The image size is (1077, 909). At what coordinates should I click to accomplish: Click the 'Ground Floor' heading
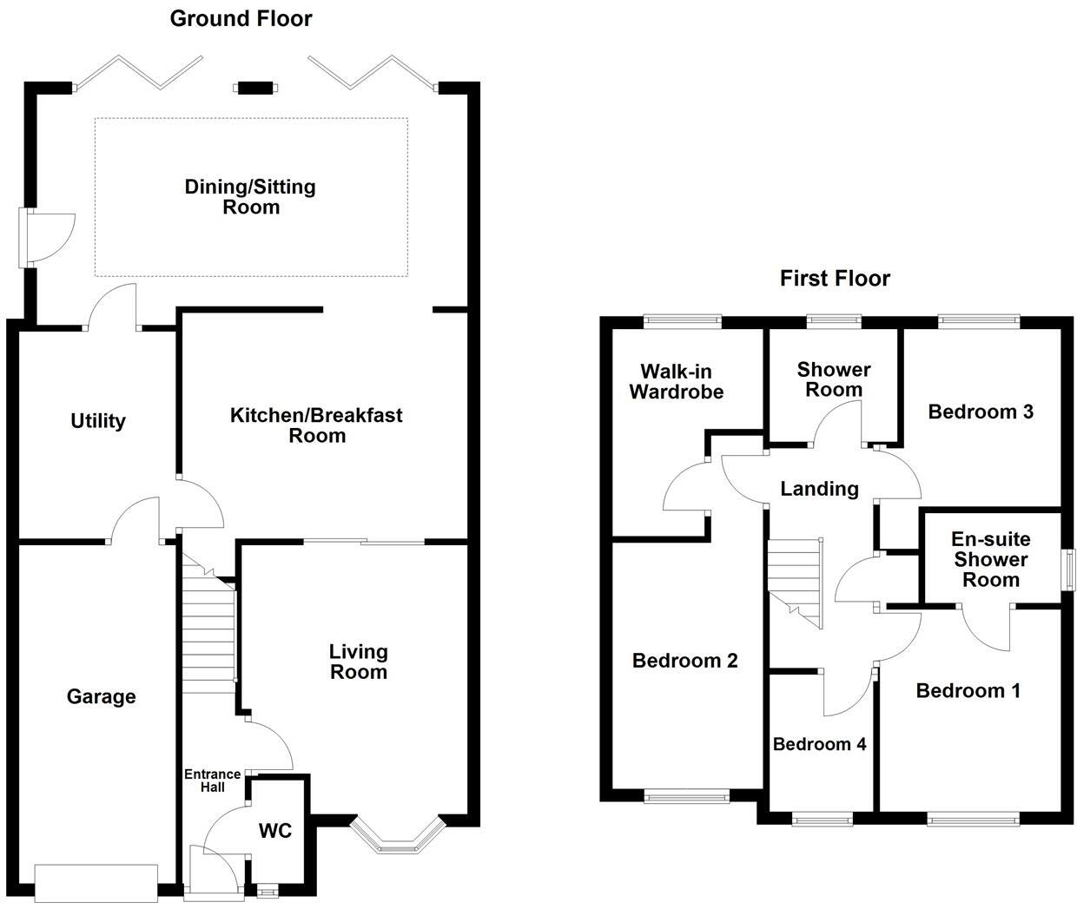coord(241,18)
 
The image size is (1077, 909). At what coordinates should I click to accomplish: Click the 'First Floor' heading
coord(835,279)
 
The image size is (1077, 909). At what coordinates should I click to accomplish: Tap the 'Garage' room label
coord(101,696)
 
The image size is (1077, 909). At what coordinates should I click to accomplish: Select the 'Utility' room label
coord(98,421)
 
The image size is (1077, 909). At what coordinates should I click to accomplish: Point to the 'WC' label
coord(275,831)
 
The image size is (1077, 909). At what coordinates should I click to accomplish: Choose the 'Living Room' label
coord(358,662)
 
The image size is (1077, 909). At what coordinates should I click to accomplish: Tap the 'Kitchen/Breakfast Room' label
coord(316,425)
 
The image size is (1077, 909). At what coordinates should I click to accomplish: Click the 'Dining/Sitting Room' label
coord(250,197)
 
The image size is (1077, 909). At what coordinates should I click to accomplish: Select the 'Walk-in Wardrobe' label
coord(676,381)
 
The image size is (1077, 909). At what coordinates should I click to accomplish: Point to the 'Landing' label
coord(819,489)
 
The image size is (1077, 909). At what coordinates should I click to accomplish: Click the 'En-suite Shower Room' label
coord(990,560)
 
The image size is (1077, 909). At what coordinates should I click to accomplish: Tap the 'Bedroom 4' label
coord(819,744)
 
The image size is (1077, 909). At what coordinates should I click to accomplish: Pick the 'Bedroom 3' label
coord(981,412)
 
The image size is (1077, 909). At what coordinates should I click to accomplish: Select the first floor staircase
coord(795,577)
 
